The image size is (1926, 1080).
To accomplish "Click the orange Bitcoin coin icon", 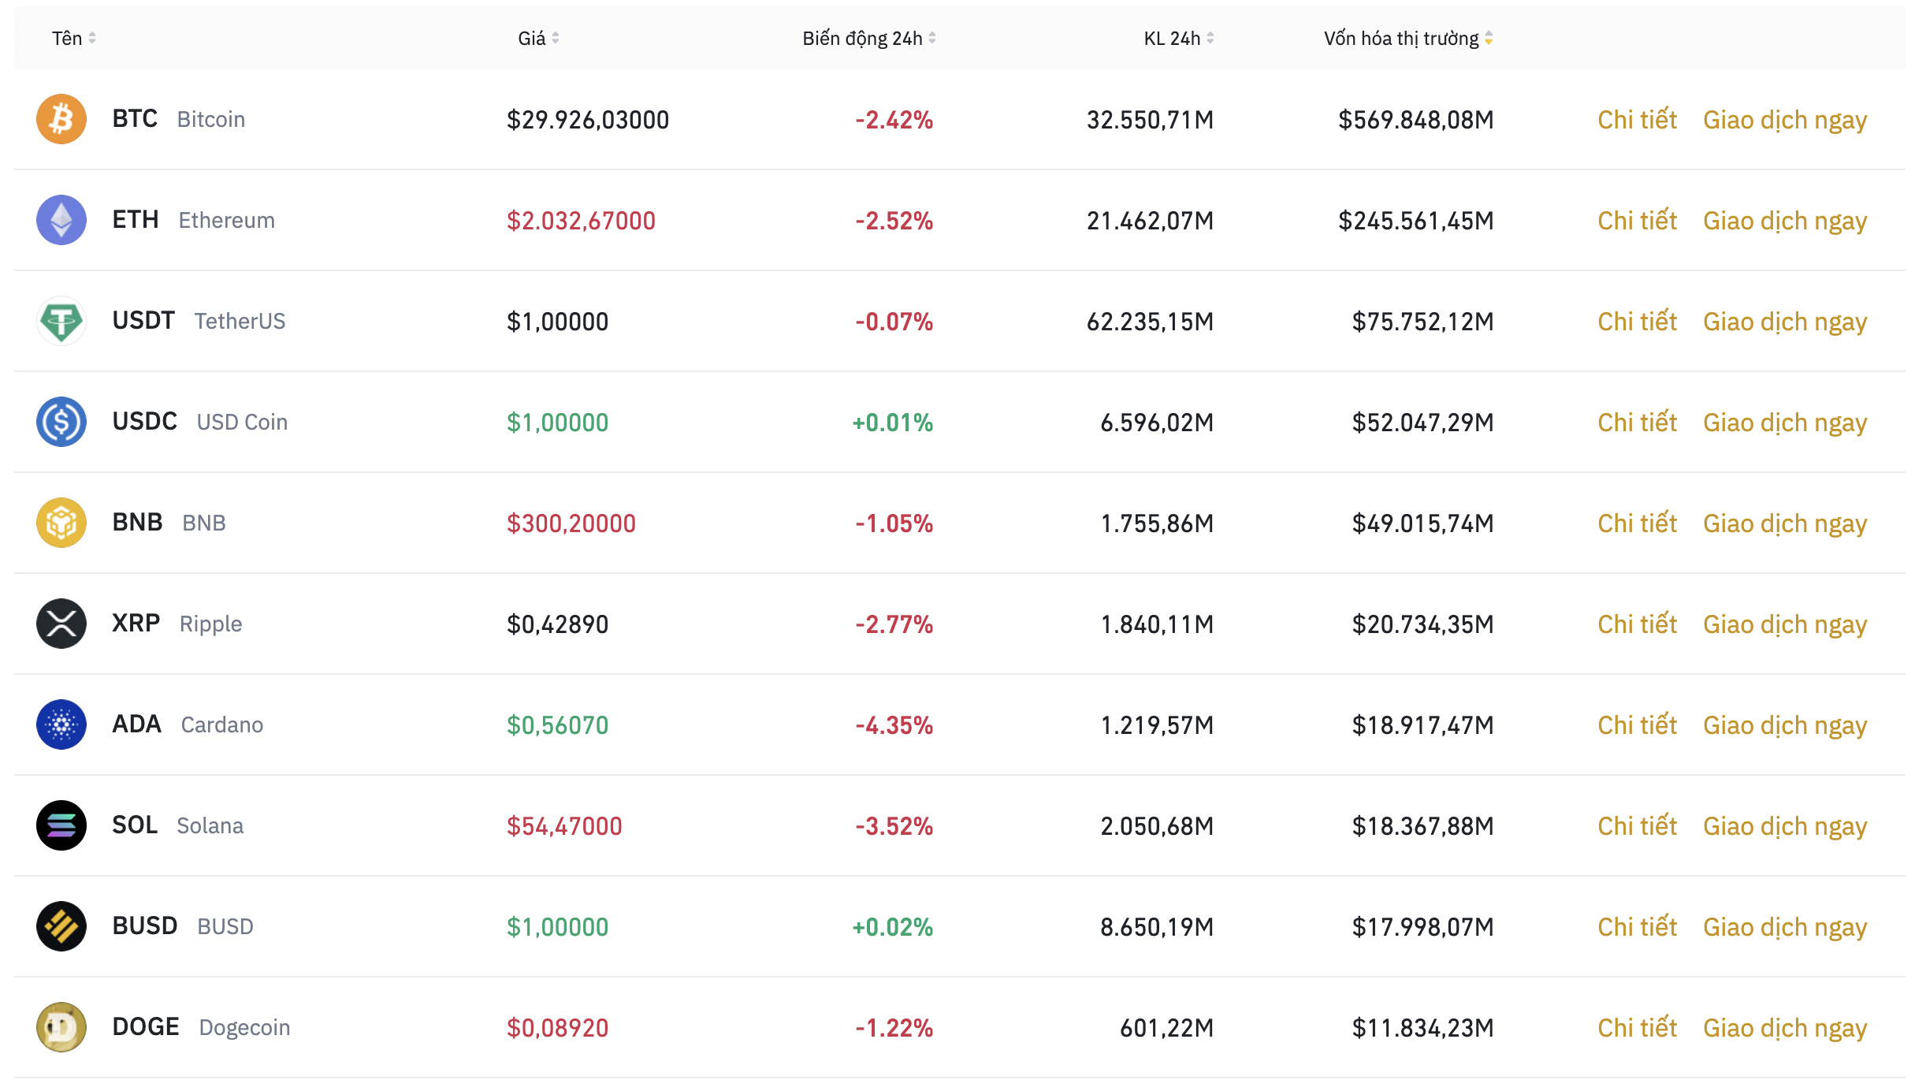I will (61, 119).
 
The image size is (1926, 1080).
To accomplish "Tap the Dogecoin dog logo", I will (61, 1027).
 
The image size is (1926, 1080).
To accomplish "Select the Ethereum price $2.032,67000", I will (581, 221).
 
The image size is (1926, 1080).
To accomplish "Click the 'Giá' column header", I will (532, 39).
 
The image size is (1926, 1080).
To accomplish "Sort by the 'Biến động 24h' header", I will (863, 39).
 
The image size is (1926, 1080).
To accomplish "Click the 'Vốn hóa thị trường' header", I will (1401, 39).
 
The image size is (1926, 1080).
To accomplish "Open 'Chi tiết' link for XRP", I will (1637, 624).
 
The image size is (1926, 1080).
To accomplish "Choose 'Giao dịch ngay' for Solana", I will (1785, 826).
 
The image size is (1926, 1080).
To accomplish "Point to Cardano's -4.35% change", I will (894, 725).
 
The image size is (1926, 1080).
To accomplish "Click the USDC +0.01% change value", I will (892, 423).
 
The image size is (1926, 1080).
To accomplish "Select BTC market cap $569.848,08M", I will (1415, 120).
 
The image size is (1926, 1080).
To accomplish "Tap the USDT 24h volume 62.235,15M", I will (1150, 322).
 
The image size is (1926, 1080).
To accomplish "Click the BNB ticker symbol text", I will (137, 523).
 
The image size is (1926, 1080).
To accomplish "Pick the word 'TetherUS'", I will (240, 322).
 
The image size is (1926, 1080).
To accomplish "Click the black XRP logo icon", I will (61, 624).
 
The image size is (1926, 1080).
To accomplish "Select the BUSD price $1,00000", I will (557, 927).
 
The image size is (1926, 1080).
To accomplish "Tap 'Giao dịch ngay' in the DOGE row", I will (1785, 1028).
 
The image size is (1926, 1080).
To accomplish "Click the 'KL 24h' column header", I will (1172, 39).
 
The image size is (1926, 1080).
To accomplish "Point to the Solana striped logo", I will (61, 825).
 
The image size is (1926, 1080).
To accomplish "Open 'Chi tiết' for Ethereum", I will (1637, 221).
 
